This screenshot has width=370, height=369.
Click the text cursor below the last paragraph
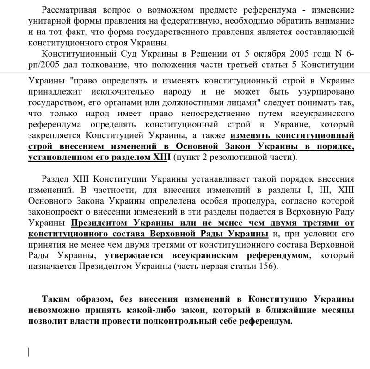[x=30, y=352]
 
